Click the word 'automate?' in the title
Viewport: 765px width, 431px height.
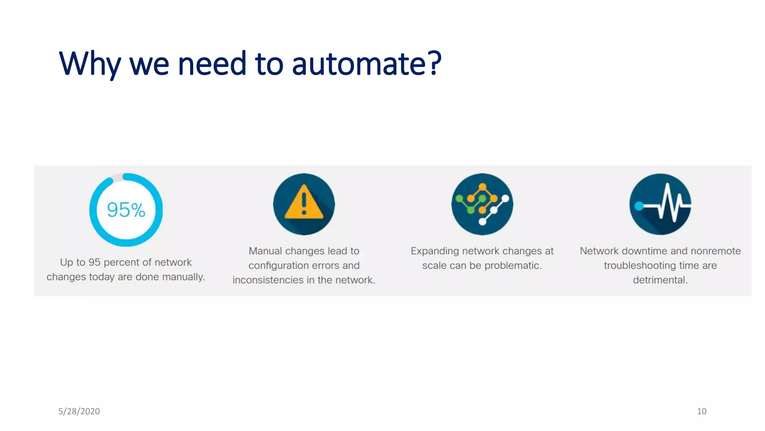(x=366, y=64)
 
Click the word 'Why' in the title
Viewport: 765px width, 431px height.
(x=90, y=64)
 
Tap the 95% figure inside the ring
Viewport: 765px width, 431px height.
(x=126, y=210)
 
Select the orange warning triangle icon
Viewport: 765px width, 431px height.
(x=304, y=202)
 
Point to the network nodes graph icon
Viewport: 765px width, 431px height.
(x=482, y=204)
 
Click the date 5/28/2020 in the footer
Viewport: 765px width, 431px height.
(x=79, y=411)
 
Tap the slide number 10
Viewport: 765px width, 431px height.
(x=701, y=411)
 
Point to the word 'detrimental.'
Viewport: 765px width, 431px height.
(x=660, y=280)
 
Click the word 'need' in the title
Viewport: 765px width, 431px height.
(x=212, y=64)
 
